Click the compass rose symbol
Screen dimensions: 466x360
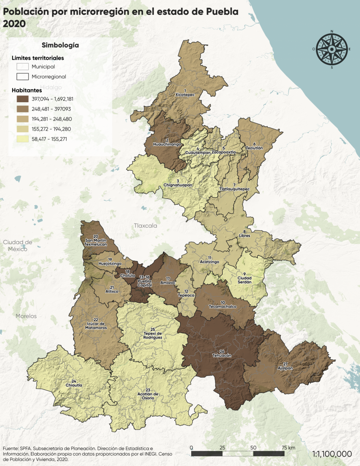tap(332, 49)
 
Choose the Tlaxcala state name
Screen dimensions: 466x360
tap(145, 225)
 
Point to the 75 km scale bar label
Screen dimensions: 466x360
tap(288, 448)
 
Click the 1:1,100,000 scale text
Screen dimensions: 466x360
tap(332, 454)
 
